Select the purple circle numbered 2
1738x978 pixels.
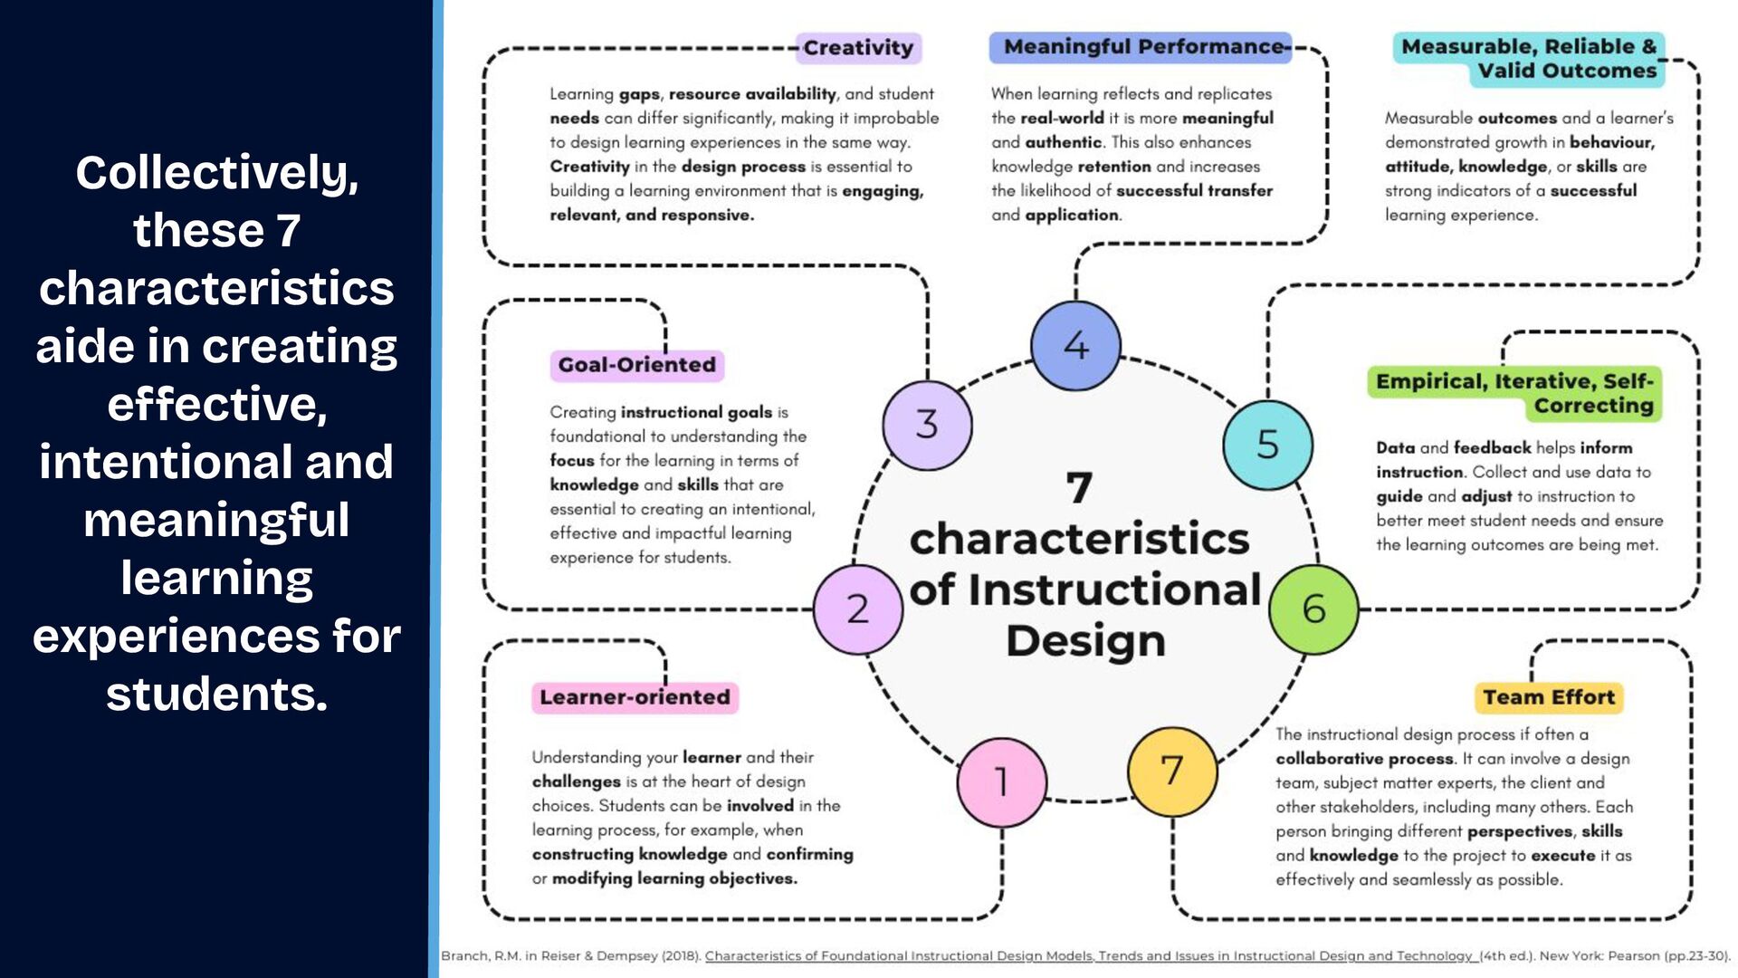(x=857, y=609)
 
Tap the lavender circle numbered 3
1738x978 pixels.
(x=927, y=425)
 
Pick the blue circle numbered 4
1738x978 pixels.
(x=1075, y=346)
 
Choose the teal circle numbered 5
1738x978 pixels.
(x=1267, y=445)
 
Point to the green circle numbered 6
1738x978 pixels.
(x=1313, y=609)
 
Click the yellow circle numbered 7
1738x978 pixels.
(x=1172, y=772)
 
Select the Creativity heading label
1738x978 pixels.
(x=858, y=48)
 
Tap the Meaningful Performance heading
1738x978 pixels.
(x=1142, y=47)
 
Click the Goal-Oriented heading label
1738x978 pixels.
(x=636, y=365)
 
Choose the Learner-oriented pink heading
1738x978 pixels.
(x=635, y=697)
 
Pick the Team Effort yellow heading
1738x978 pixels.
(x=1548, y=697)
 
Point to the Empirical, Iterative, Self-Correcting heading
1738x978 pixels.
(x=1514, y=393)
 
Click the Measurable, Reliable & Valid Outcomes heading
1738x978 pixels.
(x=1529, y=59)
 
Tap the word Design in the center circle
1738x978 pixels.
(x=1085, y=641)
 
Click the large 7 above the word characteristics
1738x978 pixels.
(x=1079, y=487)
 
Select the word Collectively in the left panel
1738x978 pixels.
(x=217, y=172)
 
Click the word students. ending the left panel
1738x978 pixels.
(x=217, y=694)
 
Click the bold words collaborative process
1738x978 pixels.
(x=1364, y=759)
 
